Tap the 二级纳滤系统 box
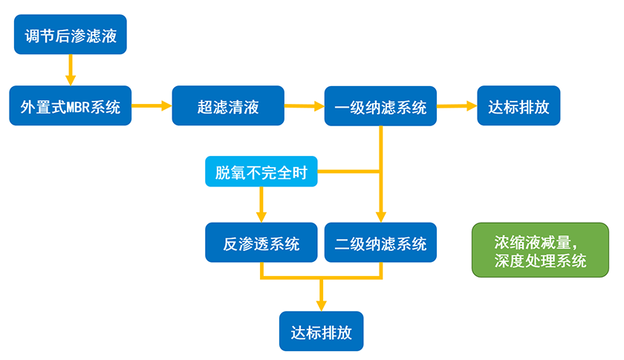tap(381, 243)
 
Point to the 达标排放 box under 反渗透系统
tap(321, 331)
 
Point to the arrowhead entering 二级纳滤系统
tap(381, 217)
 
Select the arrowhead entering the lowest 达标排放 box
tap(321, 304)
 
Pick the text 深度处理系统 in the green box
tap(540, 261)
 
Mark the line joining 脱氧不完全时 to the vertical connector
tap(349, 174)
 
